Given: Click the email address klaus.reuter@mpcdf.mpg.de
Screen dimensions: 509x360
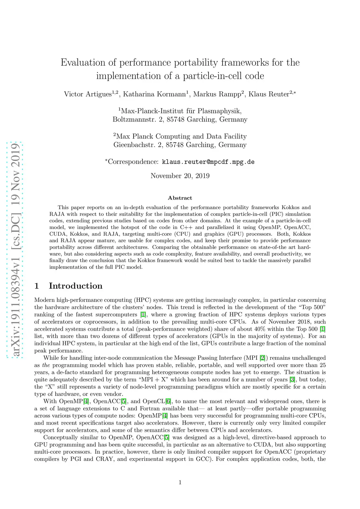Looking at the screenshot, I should pyautogui.click(x=208, y=162).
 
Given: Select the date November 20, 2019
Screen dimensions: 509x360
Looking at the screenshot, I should pyautogui.click(x=180, y=176).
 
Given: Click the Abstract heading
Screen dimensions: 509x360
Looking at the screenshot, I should pyautogui.click(x=180, y=198).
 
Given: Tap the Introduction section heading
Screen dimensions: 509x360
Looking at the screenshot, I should pyautogui.click(x=76, y=286).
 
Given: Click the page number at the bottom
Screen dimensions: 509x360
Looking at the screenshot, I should pyautogui.click(x=180, y=482).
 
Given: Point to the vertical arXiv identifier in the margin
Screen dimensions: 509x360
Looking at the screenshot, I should pyautogui.click(x=15, y=250).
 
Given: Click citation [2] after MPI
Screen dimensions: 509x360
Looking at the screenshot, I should pyautogui.click(x=262, y=358).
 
